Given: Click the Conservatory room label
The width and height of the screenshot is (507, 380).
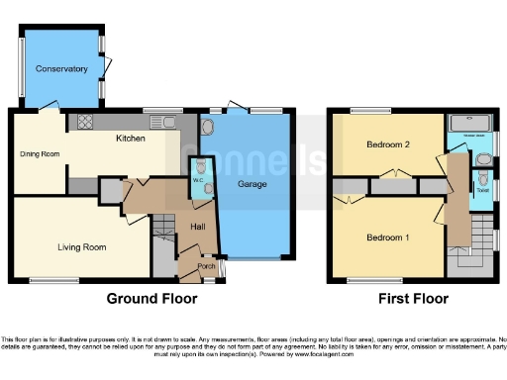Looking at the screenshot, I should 61,69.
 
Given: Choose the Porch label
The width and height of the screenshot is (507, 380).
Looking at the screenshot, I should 207,265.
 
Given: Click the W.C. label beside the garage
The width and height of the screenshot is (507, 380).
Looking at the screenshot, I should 197,181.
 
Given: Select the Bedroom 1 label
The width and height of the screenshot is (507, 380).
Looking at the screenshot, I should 386,237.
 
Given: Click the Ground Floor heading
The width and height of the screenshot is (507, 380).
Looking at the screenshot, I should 152,298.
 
